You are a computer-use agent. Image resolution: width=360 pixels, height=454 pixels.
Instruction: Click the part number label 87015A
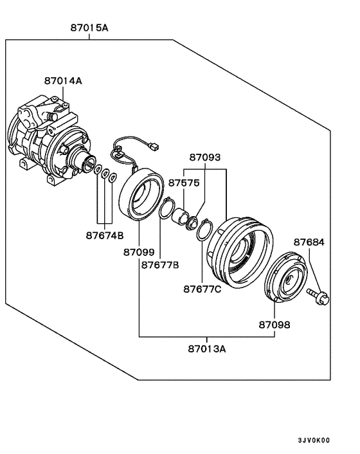[89, 28]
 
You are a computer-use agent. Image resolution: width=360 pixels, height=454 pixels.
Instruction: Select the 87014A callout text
[63, 81]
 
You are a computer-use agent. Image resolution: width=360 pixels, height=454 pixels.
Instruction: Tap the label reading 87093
[204, 157]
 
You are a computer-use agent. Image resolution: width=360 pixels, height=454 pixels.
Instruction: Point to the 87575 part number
[184, 183]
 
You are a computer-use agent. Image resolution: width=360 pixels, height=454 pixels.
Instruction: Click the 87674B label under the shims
[104, 235]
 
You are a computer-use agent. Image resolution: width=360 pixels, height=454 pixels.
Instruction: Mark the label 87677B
[160, 264]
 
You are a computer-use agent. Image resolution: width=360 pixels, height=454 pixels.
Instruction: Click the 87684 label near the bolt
[309, 242]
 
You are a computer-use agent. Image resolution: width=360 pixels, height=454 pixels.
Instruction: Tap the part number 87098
[274, 325]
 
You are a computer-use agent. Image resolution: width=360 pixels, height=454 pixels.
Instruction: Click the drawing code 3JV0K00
[313, 440]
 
